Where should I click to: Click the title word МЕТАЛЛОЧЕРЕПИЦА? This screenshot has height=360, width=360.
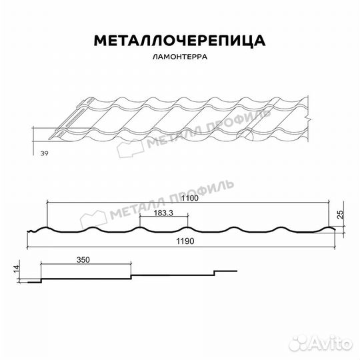(179, 41)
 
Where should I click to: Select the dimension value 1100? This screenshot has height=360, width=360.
(190, 199)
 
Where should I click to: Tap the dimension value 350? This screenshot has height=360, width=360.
(83, 259)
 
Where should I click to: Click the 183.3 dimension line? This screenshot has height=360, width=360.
(164, 217)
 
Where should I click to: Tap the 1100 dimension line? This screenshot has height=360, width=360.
(190, 203)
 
